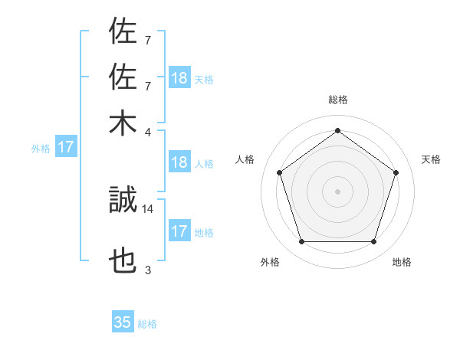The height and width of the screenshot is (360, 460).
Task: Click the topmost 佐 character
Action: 123,33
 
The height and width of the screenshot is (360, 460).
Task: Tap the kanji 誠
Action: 123,201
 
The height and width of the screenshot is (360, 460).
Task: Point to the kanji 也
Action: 123,263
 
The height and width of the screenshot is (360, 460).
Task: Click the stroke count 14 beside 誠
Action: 148,208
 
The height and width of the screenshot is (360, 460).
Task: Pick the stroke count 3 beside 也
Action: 148,270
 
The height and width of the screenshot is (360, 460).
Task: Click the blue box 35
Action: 123,322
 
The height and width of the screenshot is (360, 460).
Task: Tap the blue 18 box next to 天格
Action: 179,78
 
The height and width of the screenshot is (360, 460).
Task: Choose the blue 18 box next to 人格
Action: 179,162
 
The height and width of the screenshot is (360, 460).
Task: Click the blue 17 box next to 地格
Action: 179,231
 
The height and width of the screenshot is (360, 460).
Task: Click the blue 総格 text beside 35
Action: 147,324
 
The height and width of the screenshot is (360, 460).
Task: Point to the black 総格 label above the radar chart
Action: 338,100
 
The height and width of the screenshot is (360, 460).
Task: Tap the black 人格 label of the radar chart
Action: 245,159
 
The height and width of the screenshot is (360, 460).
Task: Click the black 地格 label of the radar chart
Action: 402,263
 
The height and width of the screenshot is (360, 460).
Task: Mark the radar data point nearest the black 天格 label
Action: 396,172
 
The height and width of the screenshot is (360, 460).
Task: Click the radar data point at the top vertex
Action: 338,131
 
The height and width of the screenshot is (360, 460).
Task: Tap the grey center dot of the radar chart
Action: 338,191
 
